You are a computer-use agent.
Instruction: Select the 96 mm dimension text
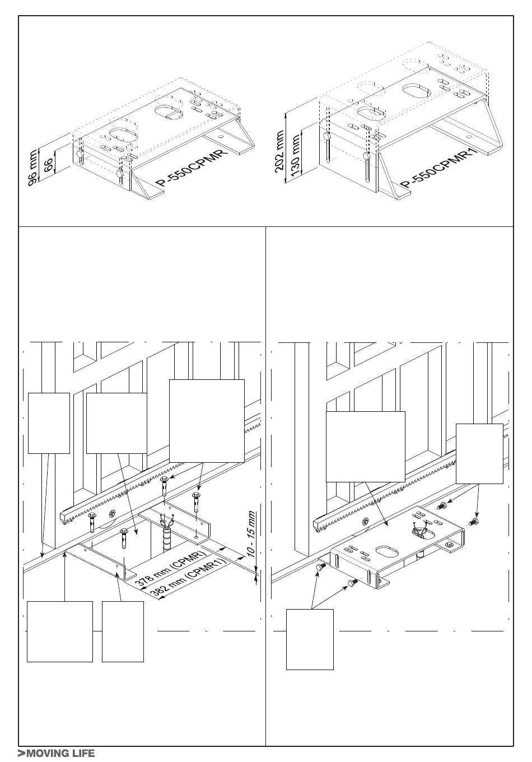click(32, 168)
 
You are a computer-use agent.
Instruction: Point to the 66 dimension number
click(48, 165)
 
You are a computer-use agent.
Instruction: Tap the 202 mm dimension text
click(280, 152)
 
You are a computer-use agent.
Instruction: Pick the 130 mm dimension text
click(296, 155)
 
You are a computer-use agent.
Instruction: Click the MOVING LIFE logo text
click(57, 754)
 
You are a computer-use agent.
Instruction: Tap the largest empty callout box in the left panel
click(207, 421)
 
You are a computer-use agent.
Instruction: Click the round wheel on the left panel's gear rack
click(112, 514)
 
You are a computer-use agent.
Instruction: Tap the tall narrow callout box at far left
click(49, 423)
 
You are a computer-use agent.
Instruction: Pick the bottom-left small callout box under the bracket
click(123, 631)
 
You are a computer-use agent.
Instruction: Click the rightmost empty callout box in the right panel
click(479, 453)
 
